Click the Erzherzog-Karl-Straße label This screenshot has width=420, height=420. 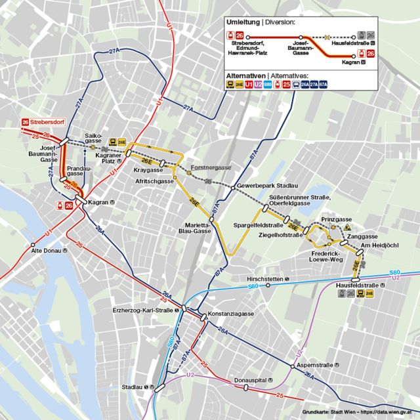click(146, 310)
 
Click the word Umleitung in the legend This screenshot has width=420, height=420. click(242, 22)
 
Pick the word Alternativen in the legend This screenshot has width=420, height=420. click(245, 75)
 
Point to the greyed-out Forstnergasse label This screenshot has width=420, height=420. click(211, 167)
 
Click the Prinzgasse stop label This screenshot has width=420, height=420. click(337, 219)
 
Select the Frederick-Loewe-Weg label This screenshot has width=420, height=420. click(326, 256)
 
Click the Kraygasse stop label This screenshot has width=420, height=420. click(147, 170)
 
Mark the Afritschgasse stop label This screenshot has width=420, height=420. click(154, 180)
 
